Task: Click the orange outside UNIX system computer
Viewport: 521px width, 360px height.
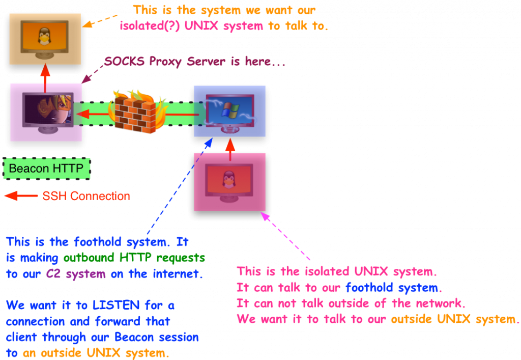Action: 45,39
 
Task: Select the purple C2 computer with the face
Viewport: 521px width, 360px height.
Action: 46,112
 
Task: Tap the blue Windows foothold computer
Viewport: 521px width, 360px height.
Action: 229,111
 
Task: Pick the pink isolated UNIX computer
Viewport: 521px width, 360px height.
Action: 229,182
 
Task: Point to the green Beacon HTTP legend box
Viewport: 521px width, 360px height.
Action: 46,169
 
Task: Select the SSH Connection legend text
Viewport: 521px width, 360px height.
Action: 86,196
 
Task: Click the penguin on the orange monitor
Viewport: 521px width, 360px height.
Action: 45,36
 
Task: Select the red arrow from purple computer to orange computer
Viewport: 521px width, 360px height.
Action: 45,75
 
